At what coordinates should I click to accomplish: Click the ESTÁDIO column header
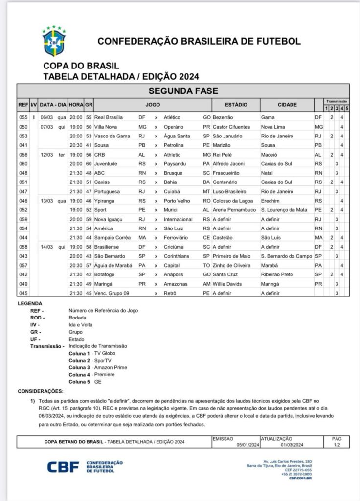[236, 105]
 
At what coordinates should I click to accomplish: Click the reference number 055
[22, 117]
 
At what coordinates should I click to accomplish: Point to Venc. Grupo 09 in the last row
[115, 293]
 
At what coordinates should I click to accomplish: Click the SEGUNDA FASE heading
[183, 91]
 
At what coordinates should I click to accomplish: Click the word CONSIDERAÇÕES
[41, 392]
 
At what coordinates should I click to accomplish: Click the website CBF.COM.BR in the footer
[300, 478]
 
